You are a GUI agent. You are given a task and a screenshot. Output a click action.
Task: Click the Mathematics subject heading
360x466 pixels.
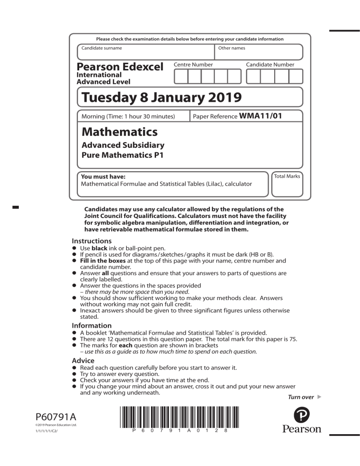pos(120,132)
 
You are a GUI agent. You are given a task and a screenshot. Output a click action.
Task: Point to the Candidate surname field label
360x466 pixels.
pos(102,48)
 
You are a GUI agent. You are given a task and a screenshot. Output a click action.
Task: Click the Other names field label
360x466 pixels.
pos(232,48)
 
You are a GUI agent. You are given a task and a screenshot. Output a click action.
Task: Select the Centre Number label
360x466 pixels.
pos(193,64)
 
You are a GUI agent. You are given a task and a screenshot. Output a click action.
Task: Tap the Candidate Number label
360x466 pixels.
pos(270,64)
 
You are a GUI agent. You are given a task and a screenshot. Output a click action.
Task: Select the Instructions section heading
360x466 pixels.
pos(92,241)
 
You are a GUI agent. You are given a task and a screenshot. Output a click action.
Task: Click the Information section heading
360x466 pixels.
pos(91,325)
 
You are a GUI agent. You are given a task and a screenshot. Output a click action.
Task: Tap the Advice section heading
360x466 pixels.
pos(83,361)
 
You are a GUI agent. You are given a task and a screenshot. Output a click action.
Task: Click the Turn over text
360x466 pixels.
pos(300,397)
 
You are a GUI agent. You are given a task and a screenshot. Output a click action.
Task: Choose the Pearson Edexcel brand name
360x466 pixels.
pos(120,67)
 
